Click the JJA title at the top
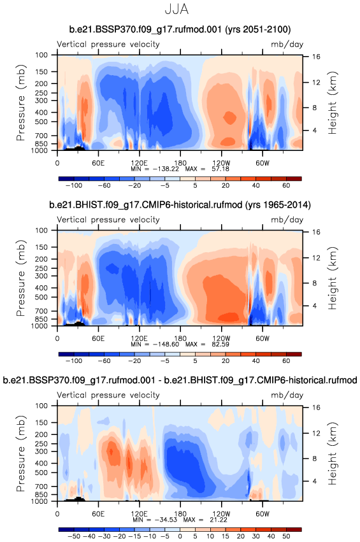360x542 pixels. (x=176, y=10)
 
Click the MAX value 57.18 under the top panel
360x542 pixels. (x=218, y=169)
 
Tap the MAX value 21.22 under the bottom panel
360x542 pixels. (x=217, y=520)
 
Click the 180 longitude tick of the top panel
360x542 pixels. (x=180, y=163)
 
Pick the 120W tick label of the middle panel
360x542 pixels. (x=221, y=338)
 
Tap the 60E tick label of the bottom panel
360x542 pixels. (x=98, y=514)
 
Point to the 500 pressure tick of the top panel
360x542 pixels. (x=41, y=122)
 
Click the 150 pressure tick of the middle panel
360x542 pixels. (x=41, y=247)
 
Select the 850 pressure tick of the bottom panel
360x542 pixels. (x=41, y=494)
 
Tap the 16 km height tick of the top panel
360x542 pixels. (x=317, y=57)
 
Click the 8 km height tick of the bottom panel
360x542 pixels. (x=315, y=459)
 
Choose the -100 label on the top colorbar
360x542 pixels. (x=74, y=185)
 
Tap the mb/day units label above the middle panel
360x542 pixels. (x=287, y=220)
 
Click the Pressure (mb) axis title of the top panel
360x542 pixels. (x=21, y=103)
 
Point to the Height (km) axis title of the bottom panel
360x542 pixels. (x=333, y=453)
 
